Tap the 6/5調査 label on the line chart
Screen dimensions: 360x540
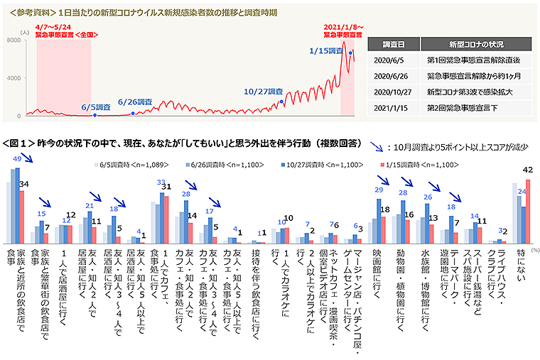coord(96,107)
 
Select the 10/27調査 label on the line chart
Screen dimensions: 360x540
coord(263,92)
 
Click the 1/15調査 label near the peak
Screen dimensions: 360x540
coord(328,50)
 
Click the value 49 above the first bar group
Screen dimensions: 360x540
coord(17,159)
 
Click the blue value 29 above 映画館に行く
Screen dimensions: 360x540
coord(379,190)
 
